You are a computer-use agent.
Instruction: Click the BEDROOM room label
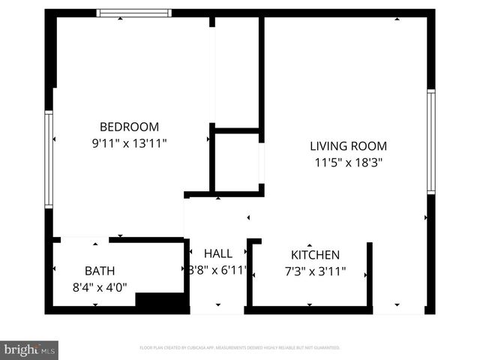coord(129,127)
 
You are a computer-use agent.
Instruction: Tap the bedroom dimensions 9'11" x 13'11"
coord(129,142)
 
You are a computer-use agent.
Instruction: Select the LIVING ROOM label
coord(348,146)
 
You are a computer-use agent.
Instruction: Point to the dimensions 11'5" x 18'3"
coord(348,162)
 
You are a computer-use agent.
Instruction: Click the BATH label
coord(100,271)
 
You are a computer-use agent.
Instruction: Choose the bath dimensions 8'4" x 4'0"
coord(100,286)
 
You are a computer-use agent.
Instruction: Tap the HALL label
coord(217,254)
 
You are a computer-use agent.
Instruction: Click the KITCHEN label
coord(315,255)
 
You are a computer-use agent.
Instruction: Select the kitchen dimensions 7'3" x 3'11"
coord(315,271)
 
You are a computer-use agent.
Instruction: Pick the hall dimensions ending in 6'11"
coord(217,271)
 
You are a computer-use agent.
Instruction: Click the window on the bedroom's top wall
coord(135,13)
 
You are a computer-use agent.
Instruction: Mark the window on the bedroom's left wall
coord(49,159)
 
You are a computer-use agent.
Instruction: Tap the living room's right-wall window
coord(431,141)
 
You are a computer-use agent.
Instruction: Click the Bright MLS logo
coord(30,349)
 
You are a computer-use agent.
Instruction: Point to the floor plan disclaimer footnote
coord(240,348)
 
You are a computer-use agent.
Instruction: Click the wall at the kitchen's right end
coord(369,274)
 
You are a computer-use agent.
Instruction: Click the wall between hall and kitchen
coord(250,274)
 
